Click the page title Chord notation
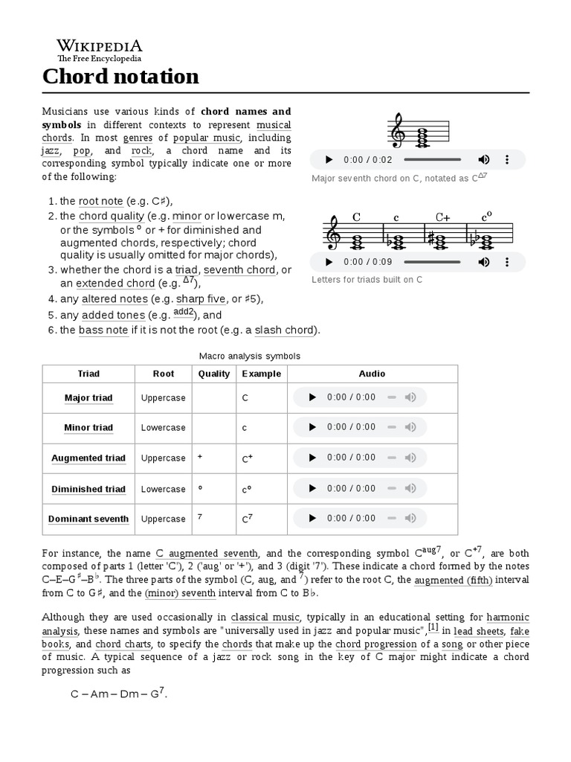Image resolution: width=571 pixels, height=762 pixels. point(120,76)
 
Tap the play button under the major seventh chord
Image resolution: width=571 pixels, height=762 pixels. point(328,160)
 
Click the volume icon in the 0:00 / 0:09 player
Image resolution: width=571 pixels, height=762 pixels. point(483,262)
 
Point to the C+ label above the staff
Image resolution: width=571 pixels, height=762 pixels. point(443,217)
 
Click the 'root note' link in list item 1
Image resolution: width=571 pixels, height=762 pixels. point(100,201)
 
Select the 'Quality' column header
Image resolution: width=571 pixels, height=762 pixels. point(214,374)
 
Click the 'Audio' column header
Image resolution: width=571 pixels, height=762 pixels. point(372,374)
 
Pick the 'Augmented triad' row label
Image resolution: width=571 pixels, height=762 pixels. point(88,458)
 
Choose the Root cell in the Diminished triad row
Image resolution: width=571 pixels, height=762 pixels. point(163,489)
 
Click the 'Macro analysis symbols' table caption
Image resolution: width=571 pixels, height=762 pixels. point(250,356)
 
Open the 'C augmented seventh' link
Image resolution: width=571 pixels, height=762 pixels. point(207,554)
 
